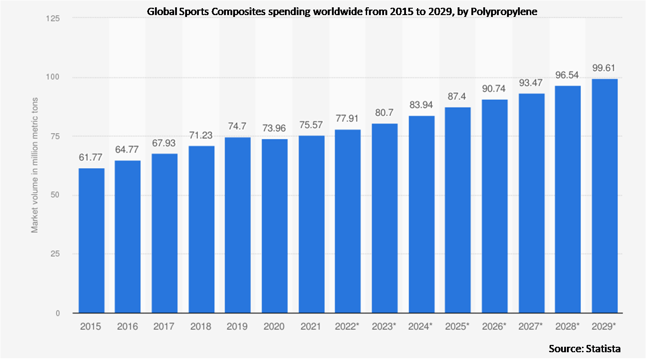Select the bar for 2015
point(91,241)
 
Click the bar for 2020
point(275,226)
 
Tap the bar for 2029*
point(604,196)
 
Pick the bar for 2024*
point(422,215)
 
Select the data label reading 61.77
point(91,158)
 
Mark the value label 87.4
point(458,98)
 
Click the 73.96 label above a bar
point(275,129)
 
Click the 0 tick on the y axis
point(58,313)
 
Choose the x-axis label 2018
point(201,327)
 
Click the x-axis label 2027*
point(532,327)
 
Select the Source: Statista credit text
point(585,349)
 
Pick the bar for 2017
point(165,233)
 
